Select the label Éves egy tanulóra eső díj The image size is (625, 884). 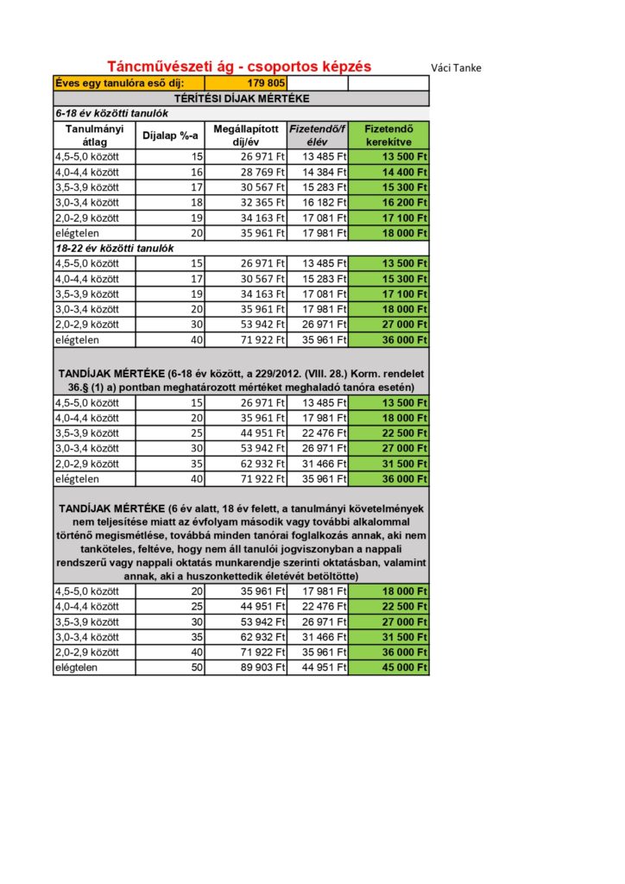(x=118, y=83)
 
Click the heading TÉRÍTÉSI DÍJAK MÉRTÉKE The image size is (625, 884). (x=241, y=98)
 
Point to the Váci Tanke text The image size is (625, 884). (x=456, y=68)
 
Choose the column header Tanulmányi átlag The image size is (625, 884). (x=92, y=135)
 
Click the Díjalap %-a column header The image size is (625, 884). (x=170, y=136)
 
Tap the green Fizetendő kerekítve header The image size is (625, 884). (x=388, y=135)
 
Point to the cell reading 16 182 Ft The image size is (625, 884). (x=317, y=202)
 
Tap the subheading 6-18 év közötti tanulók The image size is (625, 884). (x=111, y=113)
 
